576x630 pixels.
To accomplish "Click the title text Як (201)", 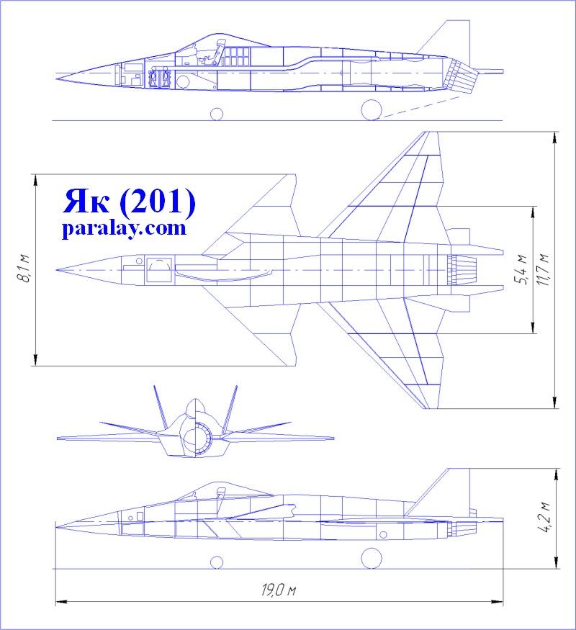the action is coord(129,202).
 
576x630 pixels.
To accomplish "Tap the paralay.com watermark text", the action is coord(125,229).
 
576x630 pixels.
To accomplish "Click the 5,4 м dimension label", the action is coord(521,270).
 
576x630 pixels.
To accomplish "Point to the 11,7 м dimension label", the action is coord(544,270).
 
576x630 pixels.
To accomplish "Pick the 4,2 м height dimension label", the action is coord(544,518).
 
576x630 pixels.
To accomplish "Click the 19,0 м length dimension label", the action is coord(279,590).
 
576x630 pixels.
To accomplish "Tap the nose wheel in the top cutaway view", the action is coord(217,114).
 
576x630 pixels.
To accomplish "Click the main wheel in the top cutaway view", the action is coord(372,109).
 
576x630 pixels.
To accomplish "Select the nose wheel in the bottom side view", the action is coord(217,562).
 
